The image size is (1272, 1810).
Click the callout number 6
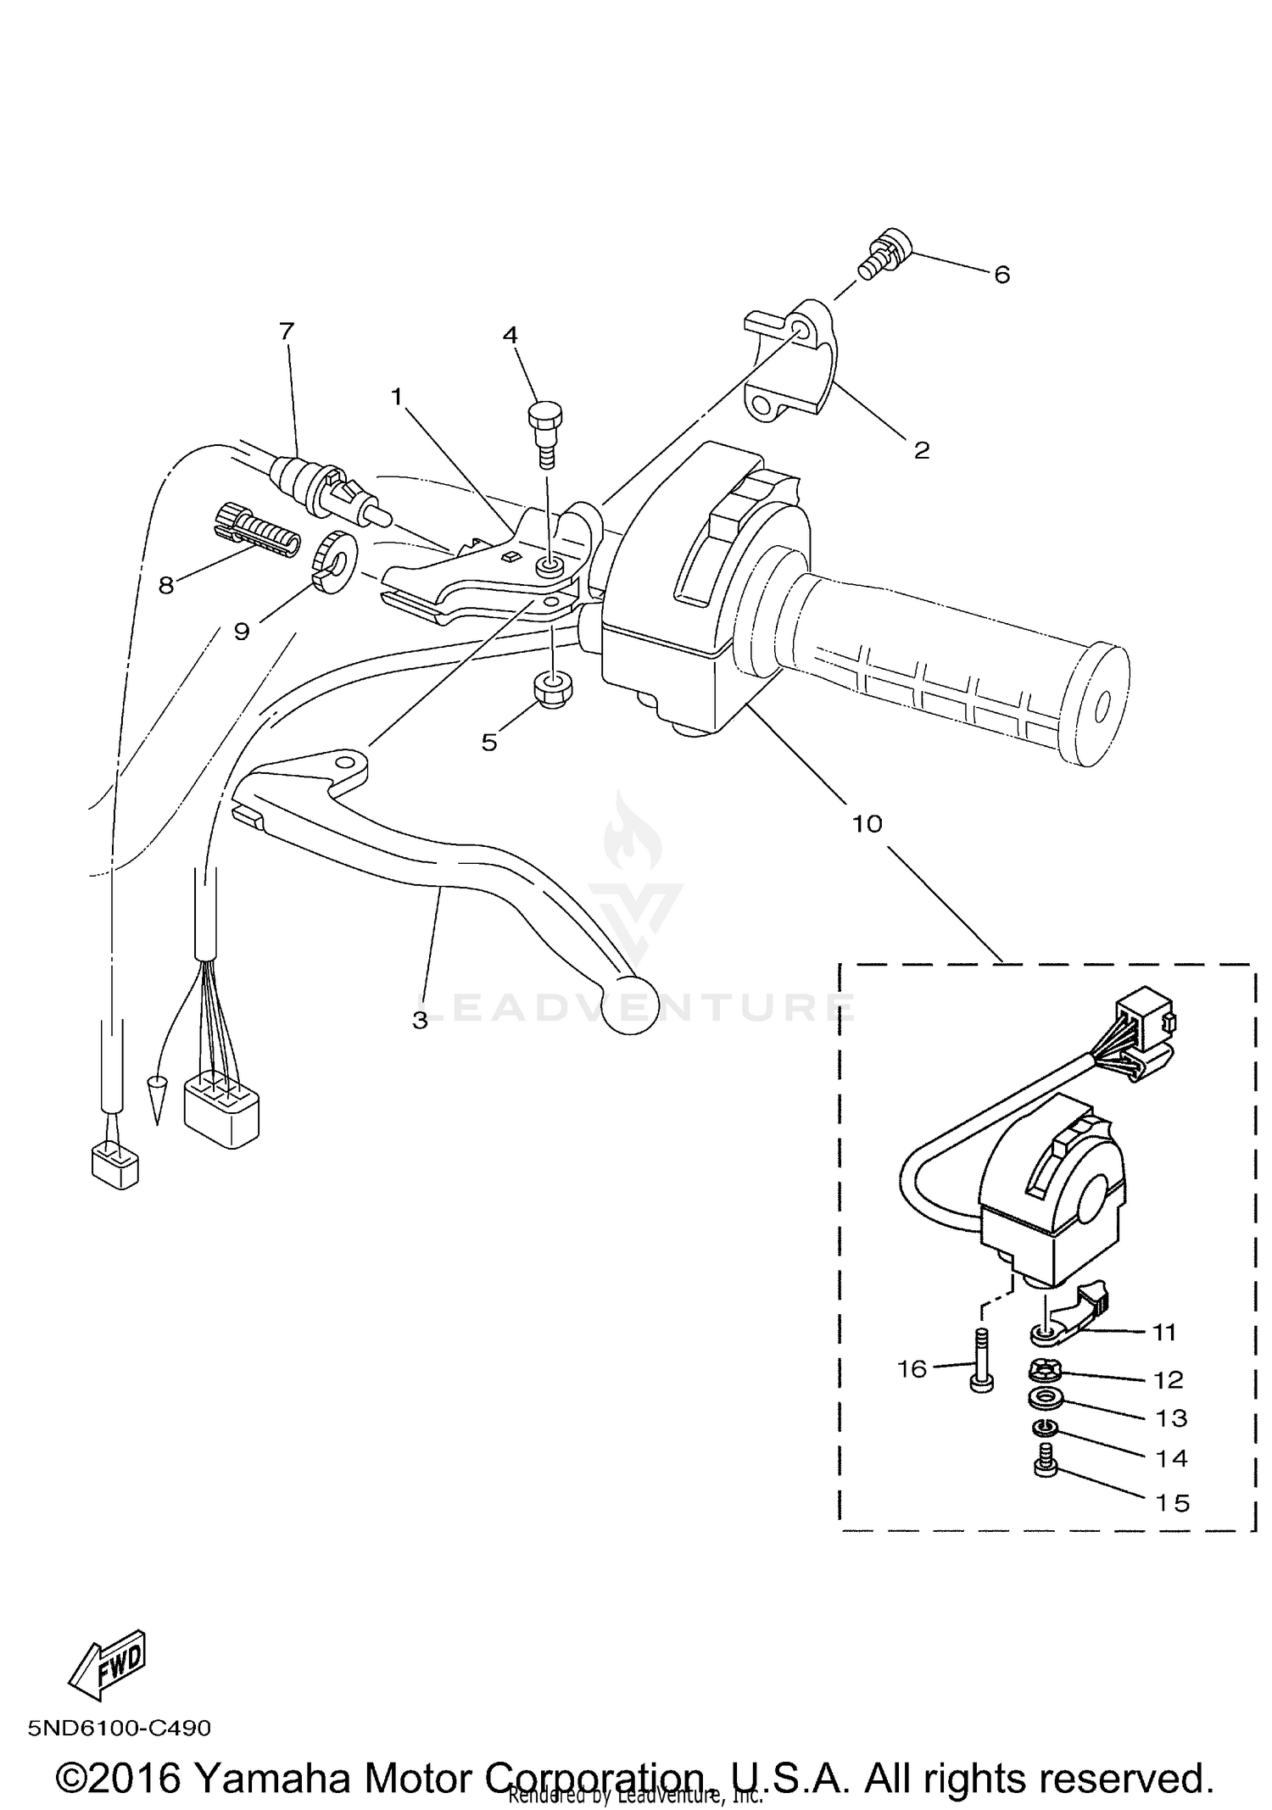[1001, 275]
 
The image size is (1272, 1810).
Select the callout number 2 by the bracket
[922, 450]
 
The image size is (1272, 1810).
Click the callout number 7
[287, 331]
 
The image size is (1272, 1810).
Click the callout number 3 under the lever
[420, 1021]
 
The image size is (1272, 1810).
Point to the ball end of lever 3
[628, 1005]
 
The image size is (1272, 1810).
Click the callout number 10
[868, 823]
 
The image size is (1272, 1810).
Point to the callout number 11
[1164, 1333]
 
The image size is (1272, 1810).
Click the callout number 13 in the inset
[1171, 1418]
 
